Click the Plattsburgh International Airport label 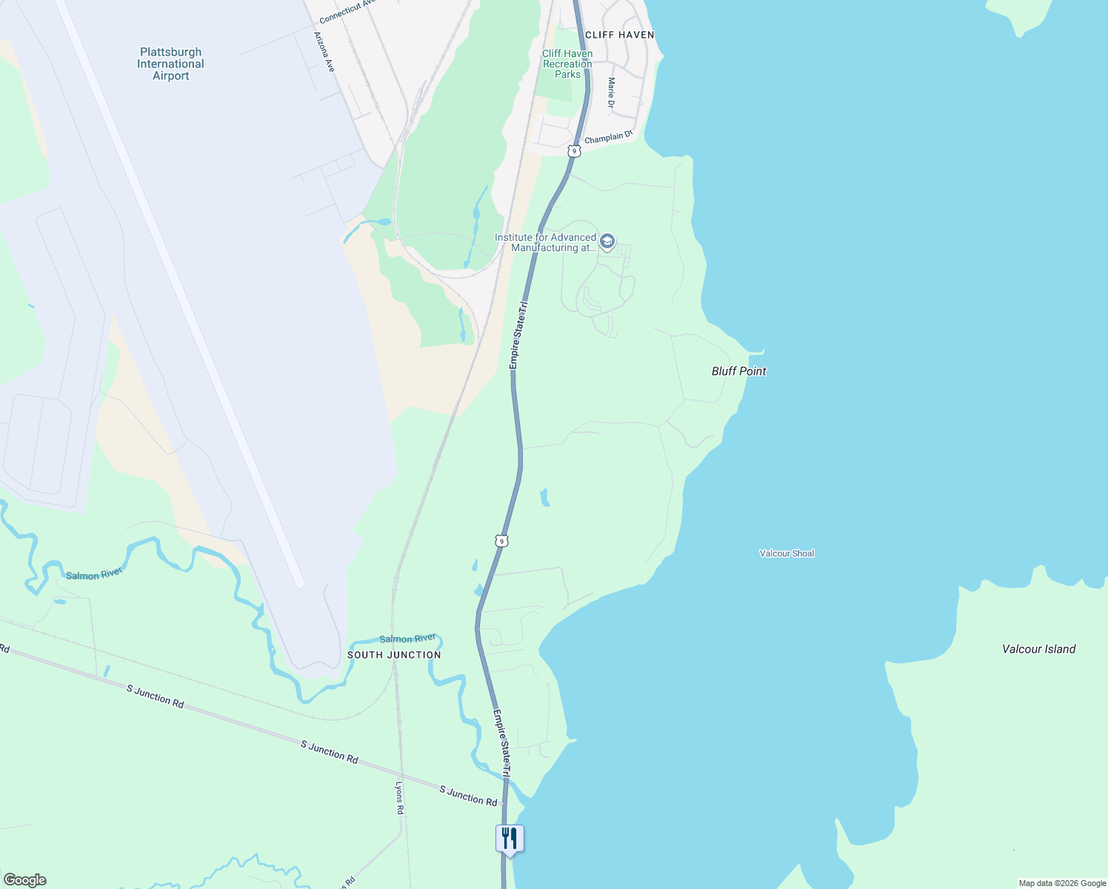pyautogui.click(x=170, y=64)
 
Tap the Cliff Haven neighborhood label pyautogui.click(x=619, y=35)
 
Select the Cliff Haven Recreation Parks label pyautogui.click(x=567, y=64)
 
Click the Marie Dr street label pyautogui.click(x=611, y=93)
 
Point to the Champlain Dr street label pyautogui.click(x=609, y=137)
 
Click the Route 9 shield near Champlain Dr pyautogui.click(x=574, y=151)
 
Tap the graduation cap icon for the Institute pyautogui.click(x=607, y=242)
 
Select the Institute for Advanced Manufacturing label pyautogui.click(x=546, y=242)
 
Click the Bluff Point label pyautogui.click(x=738, y=371)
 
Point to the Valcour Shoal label pyautogui.click(x=787, y=553)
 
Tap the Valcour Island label pyautogui.click(x=1038, y=649)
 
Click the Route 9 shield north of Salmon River pyautogui.click(x=502, y=542)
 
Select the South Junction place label pyautogui.click(x=394, y=655)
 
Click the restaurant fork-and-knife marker pyautogui.click(x=510, y=839)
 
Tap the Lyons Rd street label pyautogui.click(x=399, y=798)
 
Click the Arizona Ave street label pyautogui.click(x=324, y=52)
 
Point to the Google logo pyautogui.click(x=24, y=880)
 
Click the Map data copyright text pyautogui.click(x=1062, y=883)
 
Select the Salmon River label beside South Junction pyautogui.click(x=407, y=639)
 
